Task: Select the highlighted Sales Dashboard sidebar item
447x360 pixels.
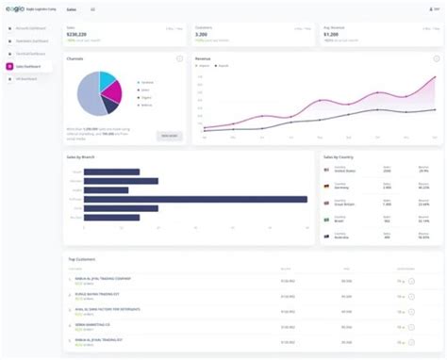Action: (x=30, y=67)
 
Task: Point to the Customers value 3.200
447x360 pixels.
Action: (x=203, y=35)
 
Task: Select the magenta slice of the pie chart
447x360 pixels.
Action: (x=112, y=91)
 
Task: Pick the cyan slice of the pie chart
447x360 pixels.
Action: (x=106, y=79)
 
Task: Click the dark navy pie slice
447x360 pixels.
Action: (x=108, y=106)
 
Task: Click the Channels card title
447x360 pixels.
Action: (x=77, y=58)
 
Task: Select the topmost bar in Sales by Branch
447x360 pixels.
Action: (x=111, y=172)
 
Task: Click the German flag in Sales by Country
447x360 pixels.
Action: (x=326, y=186)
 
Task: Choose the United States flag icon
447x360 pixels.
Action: (x=326, y=171)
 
